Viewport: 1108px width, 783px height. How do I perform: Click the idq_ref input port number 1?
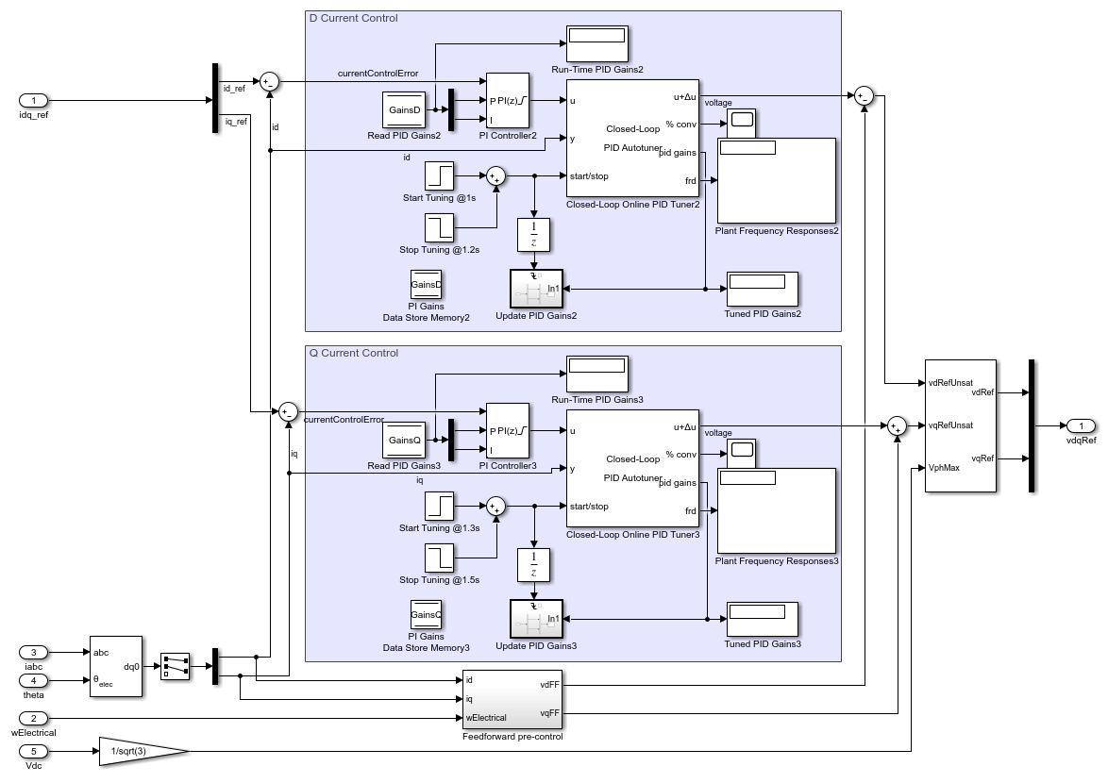point(34,101)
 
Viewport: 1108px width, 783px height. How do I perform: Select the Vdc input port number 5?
point(34,751)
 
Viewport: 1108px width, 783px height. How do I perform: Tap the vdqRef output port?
point(1081,425)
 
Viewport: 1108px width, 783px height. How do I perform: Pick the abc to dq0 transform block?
point(116,666)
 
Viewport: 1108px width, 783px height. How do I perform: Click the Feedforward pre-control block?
point(512,699)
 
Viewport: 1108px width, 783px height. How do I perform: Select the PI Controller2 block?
point(507,101)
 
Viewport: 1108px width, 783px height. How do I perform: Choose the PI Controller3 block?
point(507,431)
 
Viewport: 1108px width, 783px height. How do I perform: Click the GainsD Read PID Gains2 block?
point(405,109)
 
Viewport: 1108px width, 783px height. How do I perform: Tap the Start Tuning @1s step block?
point(439,175)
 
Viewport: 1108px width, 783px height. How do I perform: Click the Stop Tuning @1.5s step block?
point(439,558)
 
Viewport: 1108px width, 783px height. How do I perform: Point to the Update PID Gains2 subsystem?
point(536,288)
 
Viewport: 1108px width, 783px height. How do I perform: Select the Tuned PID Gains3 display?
point(762,619)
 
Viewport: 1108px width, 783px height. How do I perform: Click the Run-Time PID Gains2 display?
point(596,43)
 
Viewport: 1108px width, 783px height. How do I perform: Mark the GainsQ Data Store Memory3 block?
point(426,614)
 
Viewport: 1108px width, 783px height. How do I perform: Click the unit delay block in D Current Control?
point(533,234)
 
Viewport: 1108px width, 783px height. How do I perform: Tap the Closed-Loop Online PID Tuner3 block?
point(631,468)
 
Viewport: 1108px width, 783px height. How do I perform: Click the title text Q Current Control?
point(354,353)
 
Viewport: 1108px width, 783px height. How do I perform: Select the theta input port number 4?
point(34,680)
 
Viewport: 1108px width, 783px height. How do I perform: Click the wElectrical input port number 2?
point(34,718)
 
